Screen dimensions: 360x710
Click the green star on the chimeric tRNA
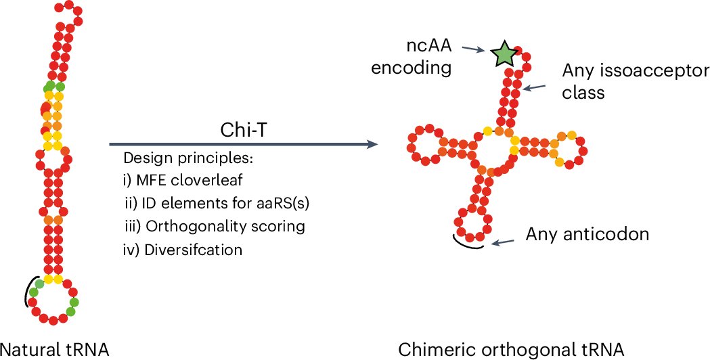[504, 55]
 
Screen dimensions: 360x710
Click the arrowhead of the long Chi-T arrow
[372, 144]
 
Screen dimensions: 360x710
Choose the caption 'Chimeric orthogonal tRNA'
[511, 349]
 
